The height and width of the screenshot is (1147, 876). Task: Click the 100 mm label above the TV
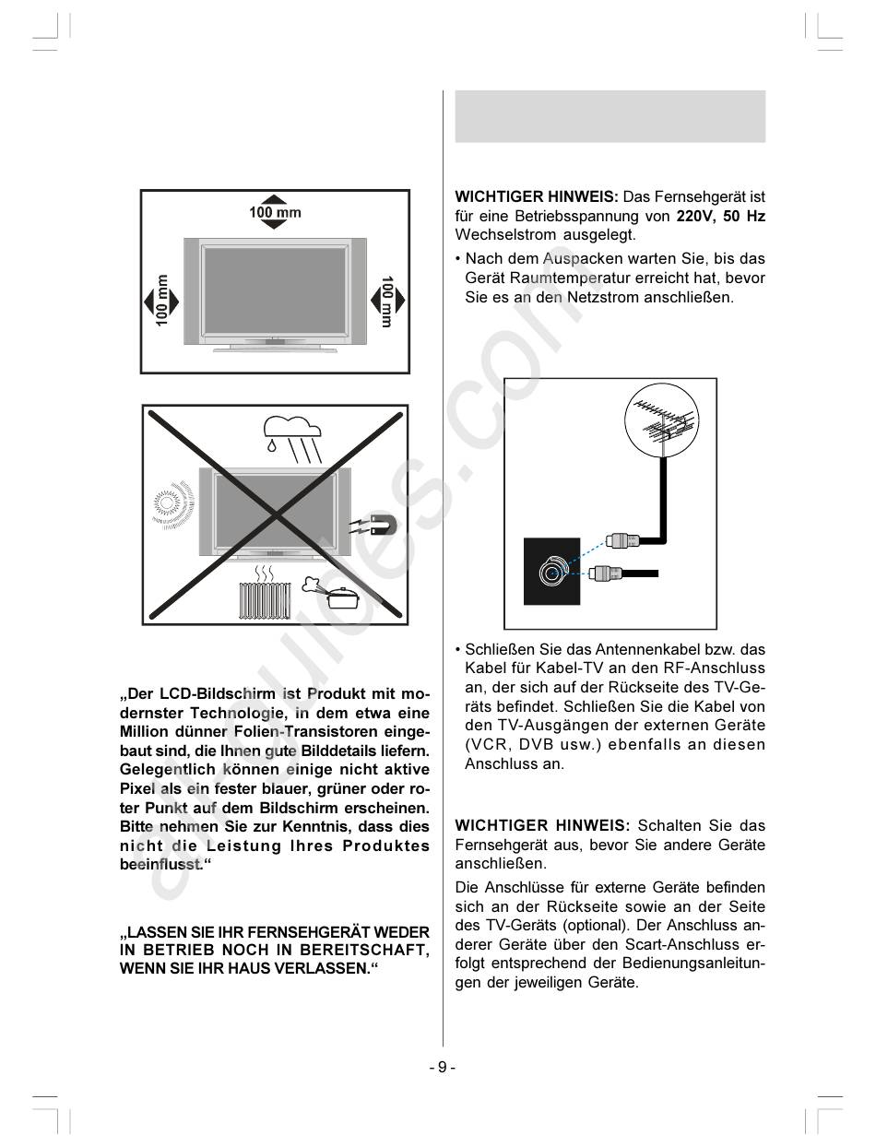[x=275, y=213]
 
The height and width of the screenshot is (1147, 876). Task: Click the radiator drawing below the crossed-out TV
[x=264, y=599]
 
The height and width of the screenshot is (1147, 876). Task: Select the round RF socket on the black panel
[x=551, y=572]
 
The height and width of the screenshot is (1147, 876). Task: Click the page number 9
[x=442, y=1067]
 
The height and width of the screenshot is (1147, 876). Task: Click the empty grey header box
[x=610, y=116]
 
